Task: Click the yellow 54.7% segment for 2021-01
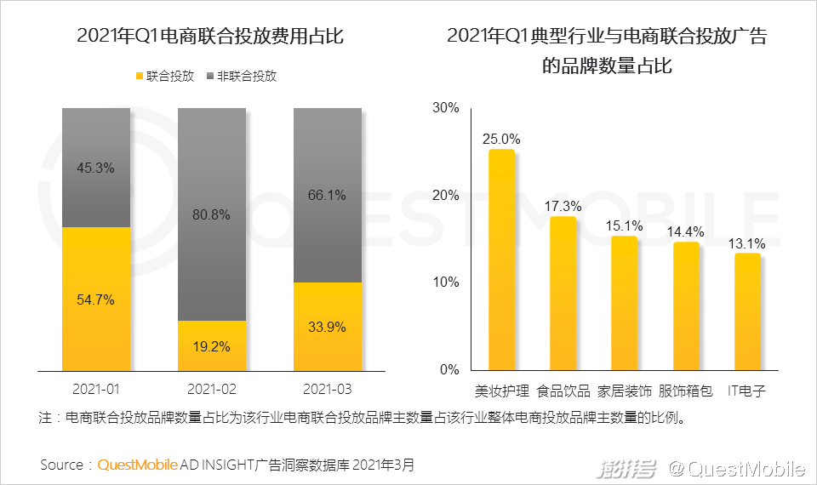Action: coord(96,299)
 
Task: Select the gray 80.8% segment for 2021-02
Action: coord(212,214)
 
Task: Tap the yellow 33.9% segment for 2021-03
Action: coord(328,326)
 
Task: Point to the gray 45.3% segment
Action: coord(96,167)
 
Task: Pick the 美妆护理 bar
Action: coord(502,260)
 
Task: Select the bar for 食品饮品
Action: coord(563,294)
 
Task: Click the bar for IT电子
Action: coord(747,311)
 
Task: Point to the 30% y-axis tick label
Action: coord(446,108)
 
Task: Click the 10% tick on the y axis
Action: coord(446,282)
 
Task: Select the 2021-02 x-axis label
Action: coord(212,389)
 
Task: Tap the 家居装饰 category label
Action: coord(625,391)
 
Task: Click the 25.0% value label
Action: coord(501,138)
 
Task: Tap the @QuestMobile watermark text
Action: coord(736,467)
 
